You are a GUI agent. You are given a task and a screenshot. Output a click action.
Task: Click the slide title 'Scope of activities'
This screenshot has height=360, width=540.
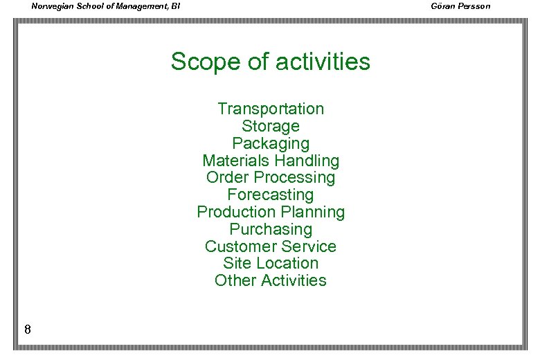click(x=270, y=62)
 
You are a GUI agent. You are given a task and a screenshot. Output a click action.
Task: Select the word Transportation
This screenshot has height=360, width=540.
click(x=270, y=109)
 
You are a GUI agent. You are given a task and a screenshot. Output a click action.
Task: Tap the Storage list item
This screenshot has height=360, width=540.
click(x=270, y=126)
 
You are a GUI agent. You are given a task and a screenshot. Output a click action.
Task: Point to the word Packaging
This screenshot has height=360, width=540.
click(x=270, y=143)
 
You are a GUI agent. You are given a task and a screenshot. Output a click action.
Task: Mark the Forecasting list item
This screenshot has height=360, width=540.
click(x=270, y=195)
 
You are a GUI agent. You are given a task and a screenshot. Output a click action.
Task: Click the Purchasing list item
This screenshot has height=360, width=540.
click(x=270, y=229)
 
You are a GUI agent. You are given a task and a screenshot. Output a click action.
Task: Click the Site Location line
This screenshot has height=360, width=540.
click(x=270, y=263)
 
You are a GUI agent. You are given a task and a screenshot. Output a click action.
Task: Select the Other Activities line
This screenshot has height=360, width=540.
click(x=270, y=280)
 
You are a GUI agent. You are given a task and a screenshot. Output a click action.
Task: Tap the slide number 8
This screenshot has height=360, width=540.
click(x=27, y=330)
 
